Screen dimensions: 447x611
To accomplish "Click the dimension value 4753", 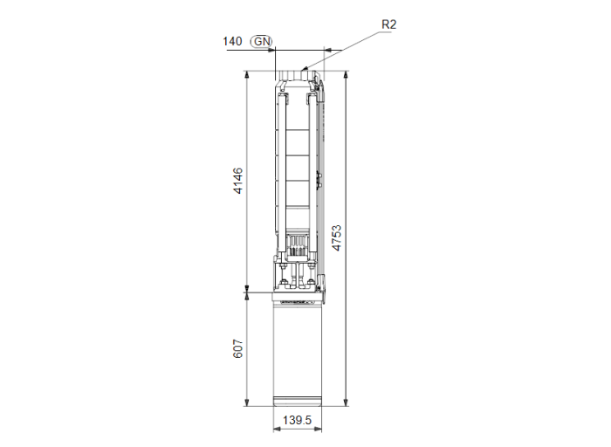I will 336,238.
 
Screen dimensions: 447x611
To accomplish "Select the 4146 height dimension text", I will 238,181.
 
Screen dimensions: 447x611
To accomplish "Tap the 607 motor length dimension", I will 238,349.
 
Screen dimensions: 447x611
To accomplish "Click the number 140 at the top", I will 232,41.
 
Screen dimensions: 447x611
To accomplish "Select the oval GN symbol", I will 260,41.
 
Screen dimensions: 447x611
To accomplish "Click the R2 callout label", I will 389,24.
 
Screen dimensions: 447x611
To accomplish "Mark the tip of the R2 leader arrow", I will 303,68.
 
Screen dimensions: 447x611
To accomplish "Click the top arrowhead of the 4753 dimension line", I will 347,76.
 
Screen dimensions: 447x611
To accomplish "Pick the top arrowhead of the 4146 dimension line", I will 248,76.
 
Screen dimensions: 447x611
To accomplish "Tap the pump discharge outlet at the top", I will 298,80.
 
